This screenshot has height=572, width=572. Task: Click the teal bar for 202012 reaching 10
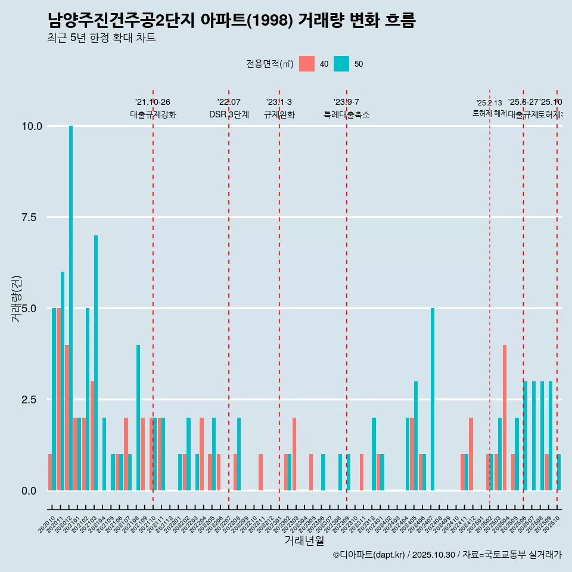tap(71, 308)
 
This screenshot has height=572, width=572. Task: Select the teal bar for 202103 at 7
tap(96, 363)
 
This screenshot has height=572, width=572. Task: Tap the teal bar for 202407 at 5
tap(433, 399)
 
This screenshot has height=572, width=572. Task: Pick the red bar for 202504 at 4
tap(505, 417)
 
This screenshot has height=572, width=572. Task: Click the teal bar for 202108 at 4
tap(138, 417)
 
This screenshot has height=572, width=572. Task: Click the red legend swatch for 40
tap(307, 64)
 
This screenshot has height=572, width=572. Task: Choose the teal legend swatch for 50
tap(341, 64)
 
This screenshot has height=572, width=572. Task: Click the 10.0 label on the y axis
tap(32, 126)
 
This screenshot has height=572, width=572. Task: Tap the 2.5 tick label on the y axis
tap(33, 400)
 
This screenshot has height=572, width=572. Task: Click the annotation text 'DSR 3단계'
tap(229, 114)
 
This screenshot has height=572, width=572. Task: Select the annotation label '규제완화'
tap(279, 114)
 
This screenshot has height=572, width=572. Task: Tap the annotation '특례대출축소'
tap(347, 114)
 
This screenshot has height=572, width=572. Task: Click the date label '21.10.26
tap(153, 102)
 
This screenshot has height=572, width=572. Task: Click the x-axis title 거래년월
tap(304, 541)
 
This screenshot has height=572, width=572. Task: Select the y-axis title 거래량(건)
tap(17, 299)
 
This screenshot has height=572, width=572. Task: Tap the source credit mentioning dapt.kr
tap(447, 555)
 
